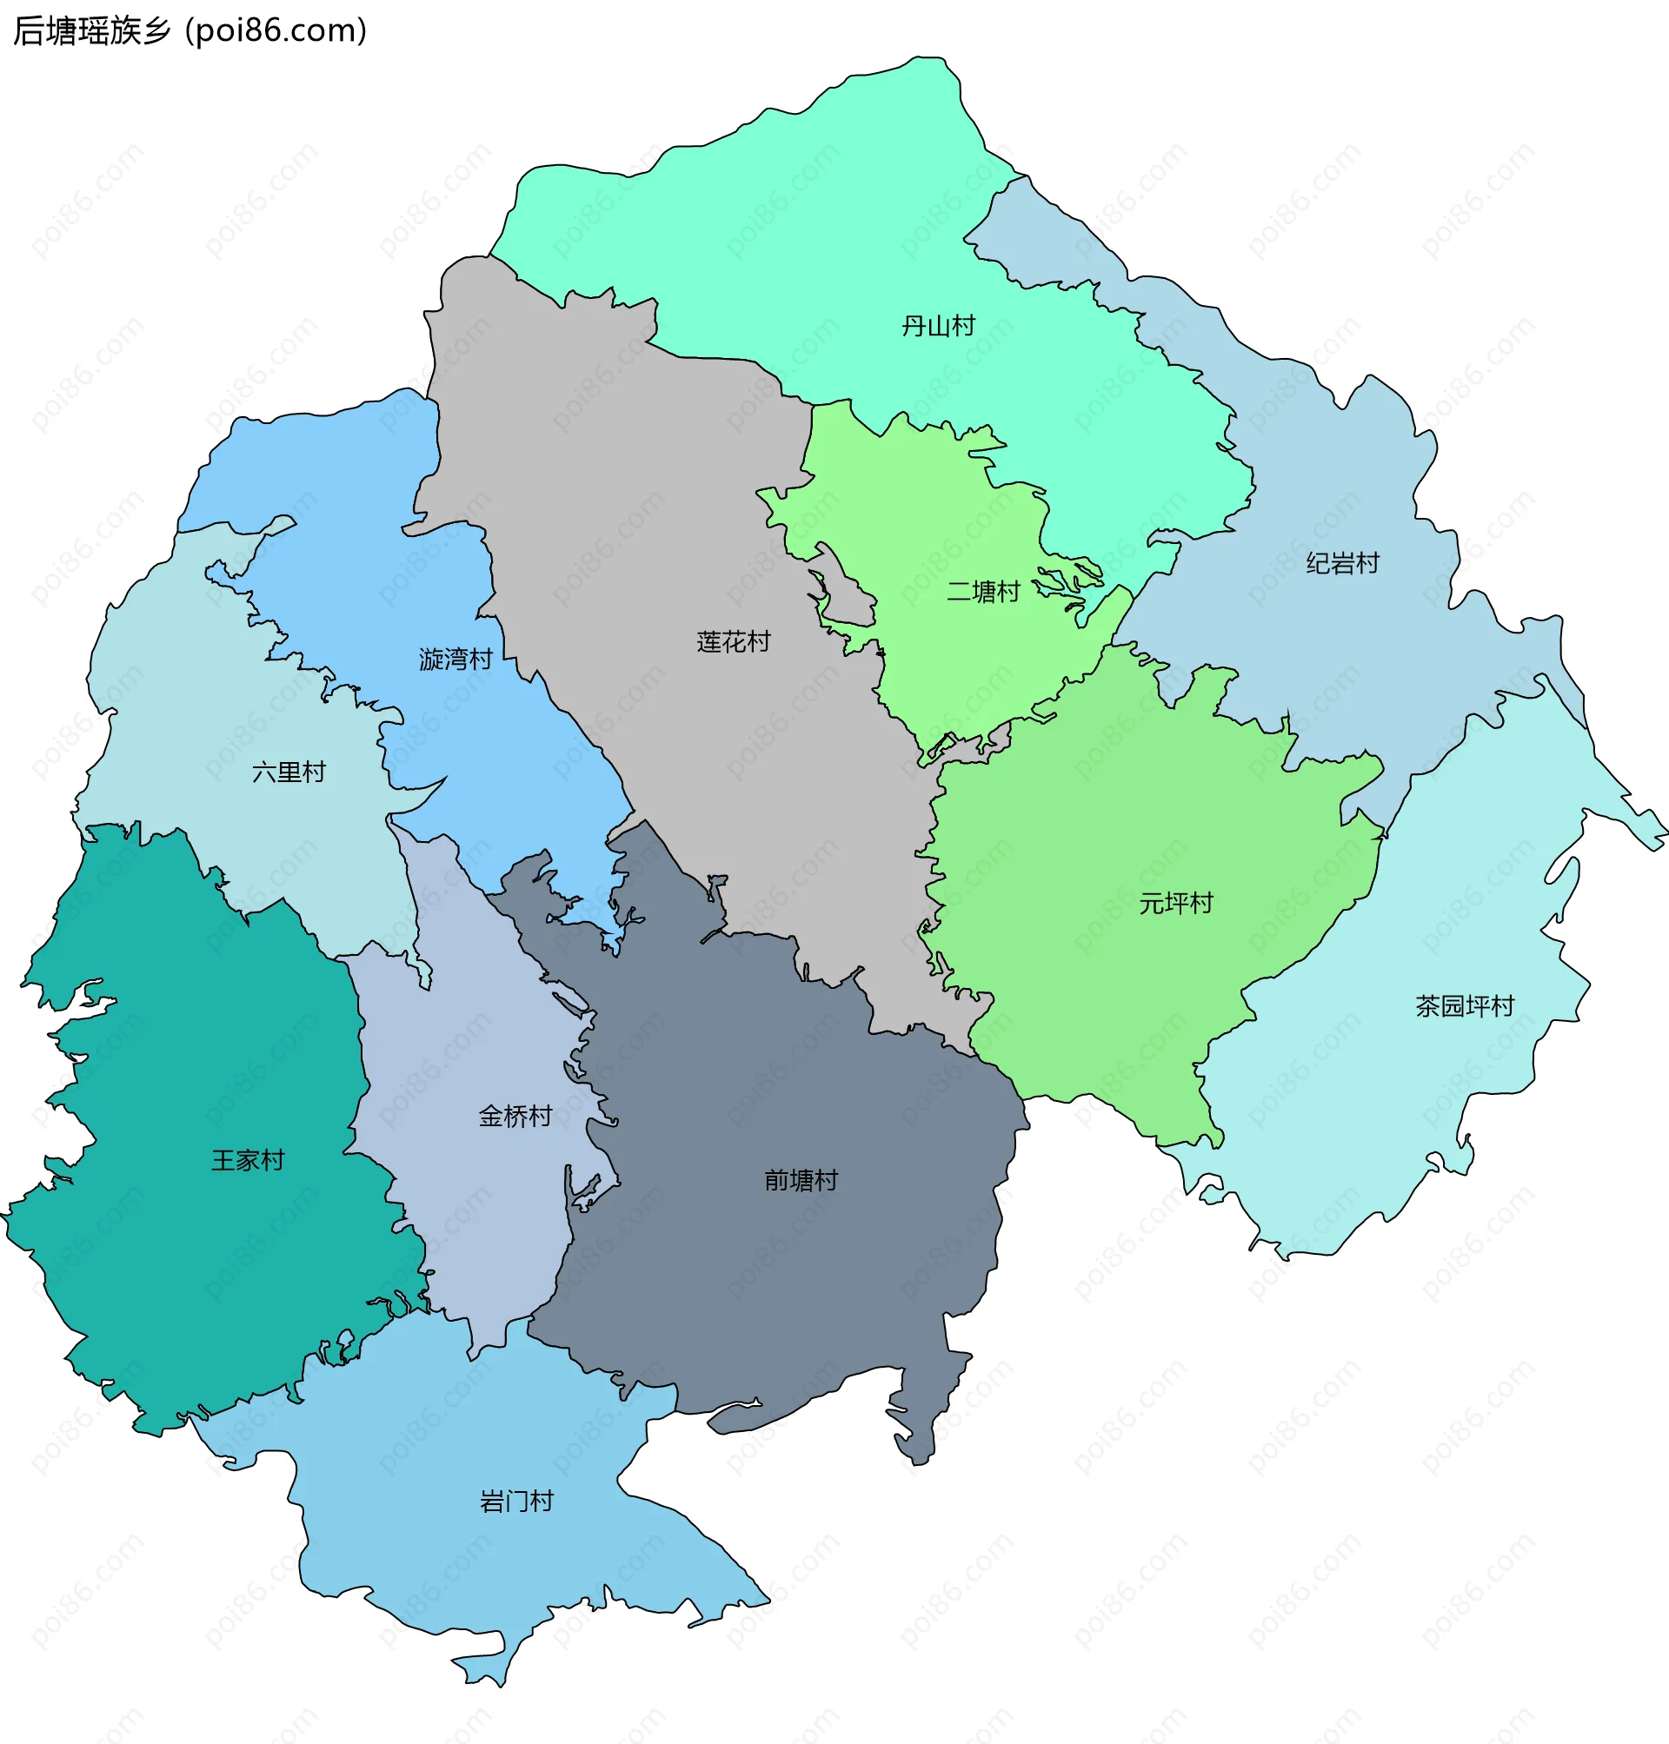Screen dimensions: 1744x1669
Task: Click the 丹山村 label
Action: coord(938,326)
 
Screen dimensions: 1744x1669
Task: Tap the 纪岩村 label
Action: coord(1341,563)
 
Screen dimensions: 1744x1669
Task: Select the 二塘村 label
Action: coord(982,592)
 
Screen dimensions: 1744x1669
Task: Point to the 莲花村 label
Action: coord(733,641)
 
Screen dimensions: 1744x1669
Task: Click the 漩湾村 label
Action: coord(455,659)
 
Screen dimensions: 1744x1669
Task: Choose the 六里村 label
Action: coord(289,771)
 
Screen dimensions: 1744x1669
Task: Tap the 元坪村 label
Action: coord(1175,904)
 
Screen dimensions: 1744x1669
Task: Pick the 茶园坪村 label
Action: coord(1465,1006)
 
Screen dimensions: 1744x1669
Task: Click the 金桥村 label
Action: coord(515,1116)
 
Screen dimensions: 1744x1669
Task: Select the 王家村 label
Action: coord(248,1160)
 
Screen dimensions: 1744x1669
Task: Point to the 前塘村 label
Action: coord(801,1180)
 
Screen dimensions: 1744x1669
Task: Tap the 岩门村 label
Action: coord(516,1502)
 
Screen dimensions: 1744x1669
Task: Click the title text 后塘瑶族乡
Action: coord(91,31)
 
